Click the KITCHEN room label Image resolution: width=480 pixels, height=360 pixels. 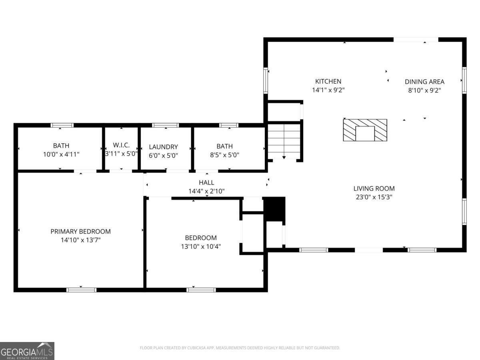pyautogui.click(x=328, y=82)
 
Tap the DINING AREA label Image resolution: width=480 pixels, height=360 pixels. pyautogui.click(x=424, y=82)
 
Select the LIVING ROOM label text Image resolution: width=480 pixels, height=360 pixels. pyautogui.click(x=374, y=188)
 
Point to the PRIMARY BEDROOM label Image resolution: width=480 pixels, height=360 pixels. pyautogui.click(x=80, y=232)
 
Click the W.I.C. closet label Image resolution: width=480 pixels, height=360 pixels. pyautogui.click(x=121, y=145)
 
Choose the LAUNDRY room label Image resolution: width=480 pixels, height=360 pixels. pyautogui.click(x=163, y=147)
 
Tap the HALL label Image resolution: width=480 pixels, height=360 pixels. pyautogui.click(x=206, y=182)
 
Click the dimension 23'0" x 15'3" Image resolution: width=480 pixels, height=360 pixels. pyautogui.click(x=374, y=197)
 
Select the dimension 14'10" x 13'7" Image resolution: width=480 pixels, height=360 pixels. pyautogui.click(x=80, y=240)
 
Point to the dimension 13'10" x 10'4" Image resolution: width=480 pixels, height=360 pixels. pyautogui.click(x=201, y=246)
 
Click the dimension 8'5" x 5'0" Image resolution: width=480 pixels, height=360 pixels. pyautogui.click(x=224, y=155)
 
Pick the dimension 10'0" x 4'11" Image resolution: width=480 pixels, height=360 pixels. pyautogui.click(x=61, y=154)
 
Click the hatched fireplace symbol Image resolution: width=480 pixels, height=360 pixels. pyautogui.click(x=365, y=130)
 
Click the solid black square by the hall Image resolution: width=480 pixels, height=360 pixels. pyautogui.click(x=274, y=208)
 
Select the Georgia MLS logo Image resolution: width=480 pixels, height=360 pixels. pyautogui.click(x=27, y=351)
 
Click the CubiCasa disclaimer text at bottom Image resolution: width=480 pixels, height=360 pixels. pyautogui.click(x=240, y=348)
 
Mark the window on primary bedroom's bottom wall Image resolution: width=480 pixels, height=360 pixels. pyautogui.click(x=81, y=290)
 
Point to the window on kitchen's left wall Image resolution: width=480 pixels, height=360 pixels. pyautogui.click(x=265, y=80)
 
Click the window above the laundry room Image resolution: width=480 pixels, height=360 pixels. pyautogui.click(x=166, y=125)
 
